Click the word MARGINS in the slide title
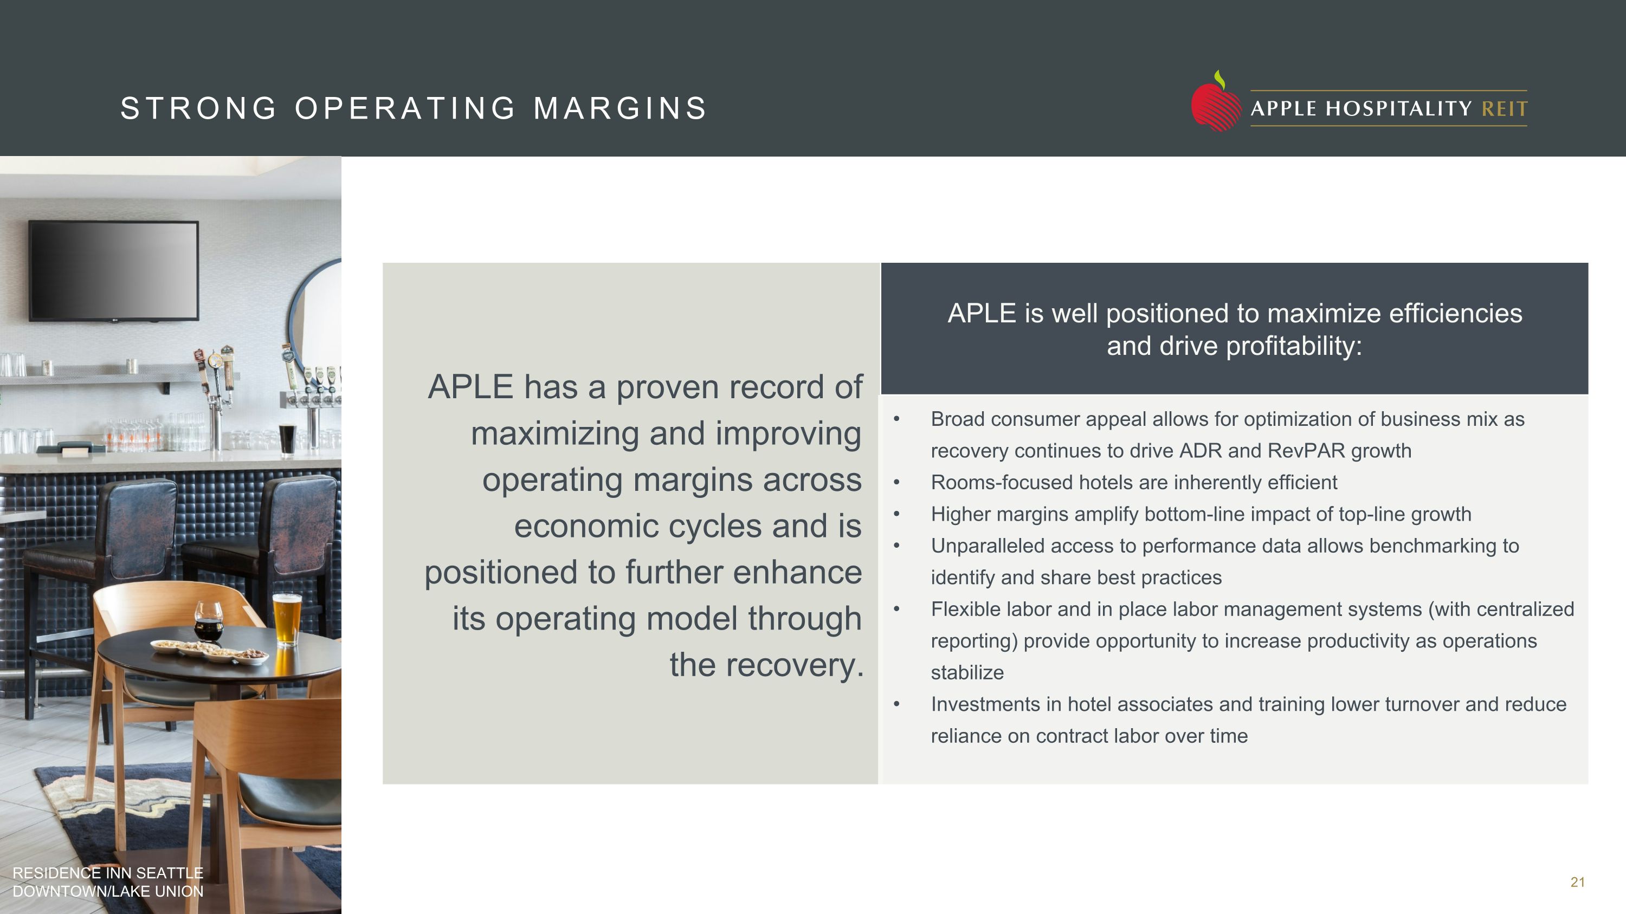tap(621, 108)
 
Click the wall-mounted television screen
tap(114, 270)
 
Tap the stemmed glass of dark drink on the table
tap(208, 619)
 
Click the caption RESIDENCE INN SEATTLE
tap(108, 873)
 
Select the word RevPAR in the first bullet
tap(1307, 451)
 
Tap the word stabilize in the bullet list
tap(967, 673)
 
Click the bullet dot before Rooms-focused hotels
tap(896, 483)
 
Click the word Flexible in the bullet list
tap(966, 610)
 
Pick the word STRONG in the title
tap(198, 108)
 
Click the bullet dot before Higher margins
tap(896, 515)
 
